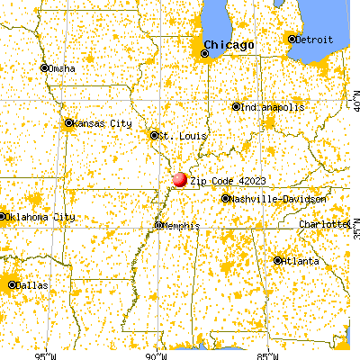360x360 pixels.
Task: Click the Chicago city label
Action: coord(229,44)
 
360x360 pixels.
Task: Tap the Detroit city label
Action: coord(311,39)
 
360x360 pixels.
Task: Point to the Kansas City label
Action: coord(103,122)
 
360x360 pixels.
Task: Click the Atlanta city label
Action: coord(301,260)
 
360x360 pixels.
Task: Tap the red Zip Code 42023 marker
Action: coord(180,180)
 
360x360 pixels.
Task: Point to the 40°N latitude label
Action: coord(354,106)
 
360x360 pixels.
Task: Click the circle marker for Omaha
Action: coord(43,67)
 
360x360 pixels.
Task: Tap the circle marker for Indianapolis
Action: coord(237,106)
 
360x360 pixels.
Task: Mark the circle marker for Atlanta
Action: coord(277,260)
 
